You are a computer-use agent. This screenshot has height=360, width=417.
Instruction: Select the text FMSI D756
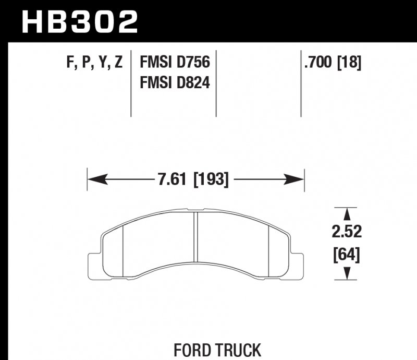click(174, 63)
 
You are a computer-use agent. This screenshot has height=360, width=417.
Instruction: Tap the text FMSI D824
click(174, 82)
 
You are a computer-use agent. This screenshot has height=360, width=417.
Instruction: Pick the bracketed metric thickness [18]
click(350, 63)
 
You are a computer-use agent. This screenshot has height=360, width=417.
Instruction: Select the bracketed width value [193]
click(211, 179)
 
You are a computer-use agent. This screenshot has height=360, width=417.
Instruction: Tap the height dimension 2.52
click(346, 232)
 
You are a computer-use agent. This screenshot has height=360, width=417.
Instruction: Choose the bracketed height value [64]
click(346, 255)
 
